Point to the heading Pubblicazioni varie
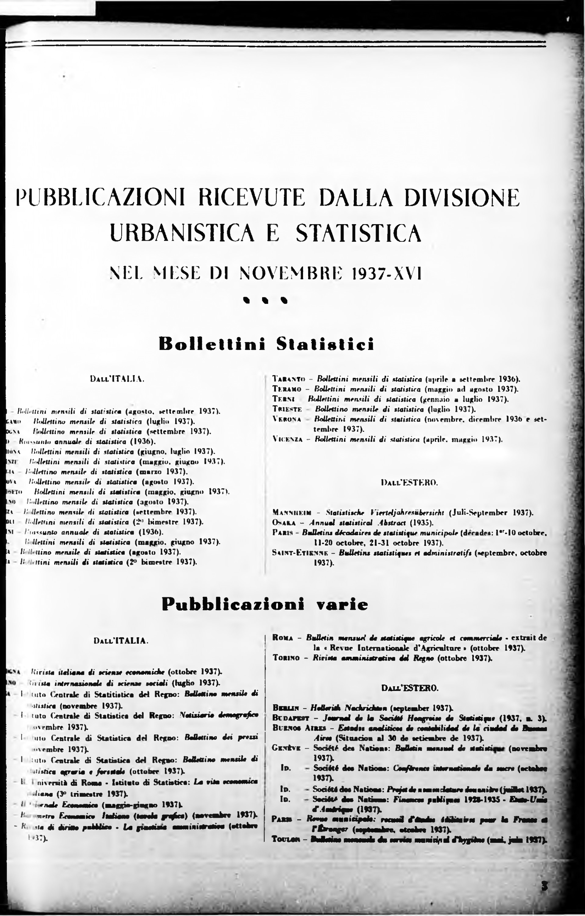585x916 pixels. point(265,604)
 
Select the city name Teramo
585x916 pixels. point(287,389)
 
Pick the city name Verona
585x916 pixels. point(287,419)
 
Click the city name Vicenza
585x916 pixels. point(288,439)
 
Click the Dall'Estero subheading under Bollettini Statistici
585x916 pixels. point(409,483)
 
